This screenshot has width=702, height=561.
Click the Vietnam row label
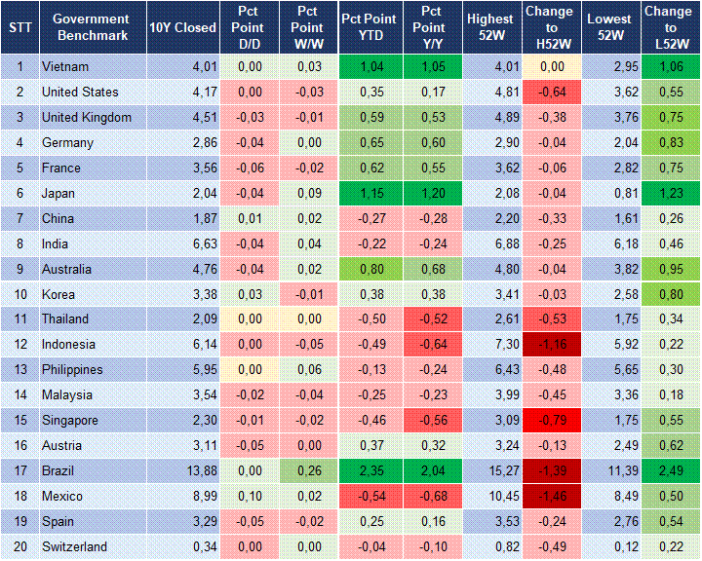pos(64,67)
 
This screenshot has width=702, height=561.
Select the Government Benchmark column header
pos(91,27)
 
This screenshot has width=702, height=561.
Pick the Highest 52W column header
pos(489,27)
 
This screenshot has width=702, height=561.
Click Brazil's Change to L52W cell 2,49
pos(670,471)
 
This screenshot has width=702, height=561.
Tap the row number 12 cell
pos(19,345)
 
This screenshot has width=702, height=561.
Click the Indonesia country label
pos(69,345)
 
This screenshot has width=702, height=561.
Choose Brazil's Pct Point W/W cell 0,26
pos(307,471)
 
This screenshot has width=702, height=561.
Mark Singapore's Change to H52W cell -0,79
pos(549,421)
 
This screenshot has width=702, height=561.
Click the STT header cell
pos(19,27)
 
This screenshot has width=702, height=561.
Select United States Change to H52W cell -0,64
pos(549,93)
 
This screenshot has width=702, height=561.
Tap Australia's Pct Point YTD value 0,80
pos(369,269)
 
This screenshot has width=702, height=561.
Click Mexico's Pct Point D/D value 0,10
pos(249,497)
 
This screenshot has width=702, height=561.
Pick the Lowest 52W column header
pos(610,27)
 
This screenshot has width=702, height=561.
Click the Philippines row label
pos(73,370)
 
